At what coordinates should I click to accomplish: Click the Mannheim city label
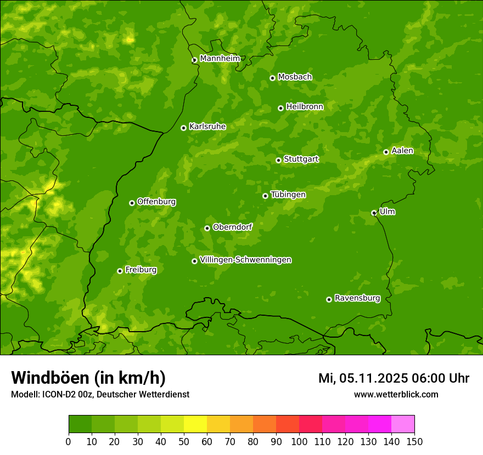point(220,59)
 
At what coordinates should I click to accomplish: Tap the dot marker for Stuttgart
point(278,160)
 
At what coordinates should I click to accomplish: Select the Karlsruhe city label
point(207,127)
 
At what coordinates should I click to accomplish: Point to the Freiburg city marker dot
point(120,271)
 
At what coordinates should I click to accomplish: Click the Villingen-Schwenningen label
point(245,260)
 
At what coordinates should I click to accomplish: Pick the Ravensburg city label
point(357,298)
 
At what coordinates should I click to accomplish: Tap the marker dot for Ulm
point(374,213)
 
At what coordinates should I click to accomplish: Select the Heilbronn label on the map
point(305,107)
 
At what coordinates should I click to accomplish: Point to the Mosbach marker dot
point(272,78)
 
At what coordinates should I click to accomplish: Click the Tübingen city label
point(288,195)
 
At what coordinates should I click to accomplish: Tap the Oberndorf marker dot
point(207,228)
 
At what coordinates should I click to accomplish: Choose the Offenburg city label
point(156,202)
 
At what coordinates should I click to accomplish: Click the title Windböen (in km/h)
point(88,378)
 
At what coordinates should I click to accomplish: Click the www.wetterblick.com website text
point(396,394)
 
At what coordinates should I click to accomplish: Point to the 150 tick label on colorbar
point(414,441)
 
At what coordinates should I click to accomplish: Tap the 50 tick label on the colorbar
point(184,441)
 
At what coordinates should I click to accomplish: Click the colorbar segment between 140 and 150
point(403,424)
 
